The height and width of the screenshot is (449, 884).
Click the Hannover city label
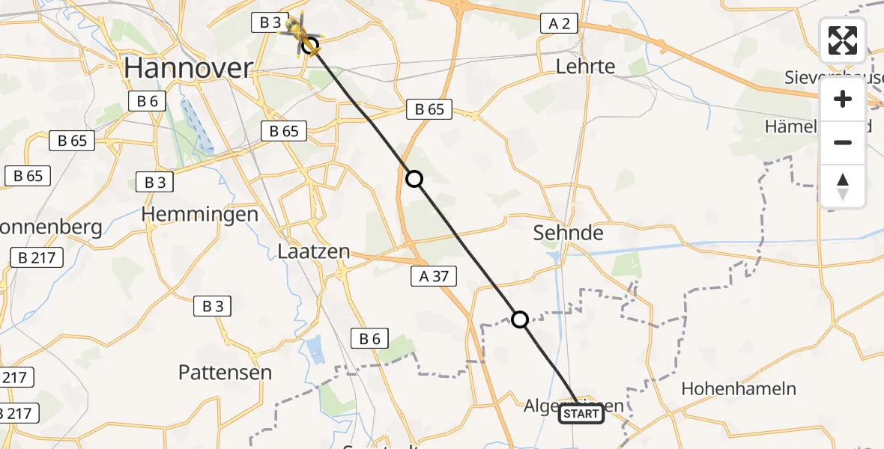click(x=188, y=68)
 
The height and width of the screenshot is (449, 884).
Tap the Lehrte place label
click(x=585, y=67)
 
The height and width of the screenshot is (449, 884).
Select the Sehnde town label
click(x=568, y=233)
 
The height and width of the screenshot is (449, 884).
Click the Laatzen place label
click(x=313, y=251)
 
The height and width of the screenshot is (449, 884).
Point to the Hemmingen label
click(x=200, y=214)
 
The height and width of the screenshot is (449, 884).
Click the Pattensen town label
click(x=225, y=372)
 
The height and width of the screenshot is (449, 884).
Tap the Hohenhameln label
click(x=739, y=389)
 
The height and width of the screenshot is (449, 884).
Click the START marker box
click(x=581, y=414)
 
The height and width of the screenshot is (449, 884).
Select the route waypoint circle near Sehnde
click(x=414, y=179)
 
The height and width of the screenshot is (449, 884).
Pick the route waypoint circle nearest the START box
click(x=519, y=320)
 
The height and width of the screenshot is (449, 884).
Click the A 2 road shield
click(x=559, y=24)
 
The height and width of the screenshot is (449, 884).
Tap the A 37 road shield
click(x=434, y=276)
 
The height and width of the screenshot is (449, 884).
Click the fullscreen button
click(x=843, y=40)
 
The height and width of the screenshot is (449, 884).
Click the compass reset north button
click(x=843, y=186)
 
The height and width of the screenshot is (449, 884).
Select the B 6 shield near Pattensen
click(x=369, y=338)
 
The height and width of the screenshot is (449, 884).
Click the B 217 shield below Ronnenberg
click(x=37, y=258)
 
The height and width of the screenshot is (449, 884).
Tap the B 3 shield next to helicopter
click(x=269, y=23)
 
